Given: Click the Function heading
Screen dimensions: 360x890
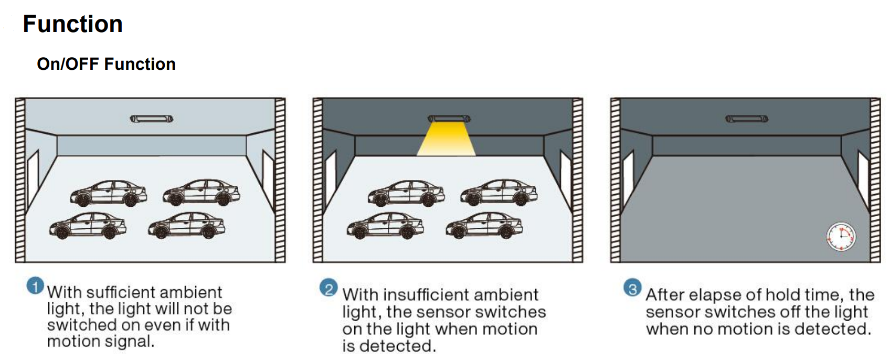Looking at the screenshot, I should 73,24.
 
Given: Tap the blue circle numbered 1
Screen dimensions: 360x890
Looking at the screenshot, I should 35,286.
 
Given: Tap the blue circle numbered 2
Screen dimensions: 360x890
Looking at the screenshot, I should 329,288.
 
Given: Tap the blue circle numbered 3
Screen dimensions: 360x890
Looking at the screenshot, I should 632,288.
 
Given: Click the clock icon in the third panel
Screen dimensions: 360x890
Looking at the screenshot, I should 841,237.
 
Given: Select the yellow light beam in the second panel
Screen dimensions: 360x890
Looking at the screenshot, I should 447,140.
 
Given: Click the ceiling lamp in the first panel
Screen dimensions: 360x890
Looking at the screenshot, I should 152,119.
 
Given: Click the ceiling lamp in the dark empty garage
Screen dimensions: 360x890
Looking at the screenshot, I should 746,119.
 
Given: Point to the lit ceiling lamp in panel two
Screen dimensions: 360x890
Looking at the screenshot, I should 449,119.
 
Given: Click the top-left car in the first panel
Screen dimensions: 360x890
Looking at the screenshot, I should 109,193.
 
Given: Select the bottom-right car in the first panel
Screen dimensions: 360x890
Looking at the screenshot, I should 186,226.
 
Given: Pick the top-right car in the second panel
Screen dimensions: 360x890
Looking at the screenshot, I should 499,192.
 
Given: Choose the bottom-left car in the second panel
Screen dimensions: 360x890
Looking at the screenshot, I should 385,226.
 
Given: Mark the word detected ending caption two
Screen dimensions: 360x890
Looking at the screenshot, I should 397,346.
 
